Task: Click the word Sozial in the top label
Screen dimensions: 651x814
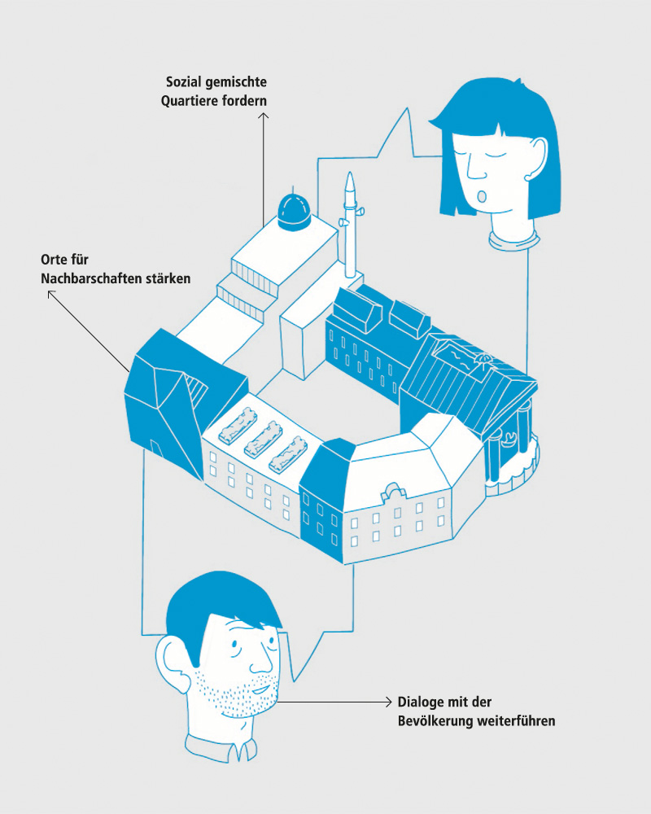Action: coord(184,82)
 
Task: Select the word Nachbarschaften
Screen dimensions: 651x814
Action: coord(91,278)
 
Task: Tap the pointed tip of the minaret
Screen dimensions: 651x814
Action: coord(351,173)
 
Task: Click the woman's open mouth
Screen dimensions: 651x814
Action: coord(482,196)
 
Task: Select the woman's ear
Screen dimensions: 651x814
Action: coord(536,159)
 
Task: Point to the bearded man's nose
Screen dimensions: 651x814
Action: coord(260,660)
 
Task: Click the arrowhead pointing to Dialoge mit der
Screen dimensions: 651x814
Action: coord(388,702)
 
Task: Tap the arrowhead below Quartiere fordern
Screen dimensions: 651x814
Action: coord(263,116)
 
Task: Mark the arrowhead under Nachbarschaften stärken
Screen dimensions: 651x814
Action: coord(51,294)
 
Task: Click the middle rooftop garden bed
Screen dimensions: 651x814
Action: coord(263,440)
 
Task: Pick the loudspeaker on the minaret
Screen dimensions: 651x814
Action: coord(343,222)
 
